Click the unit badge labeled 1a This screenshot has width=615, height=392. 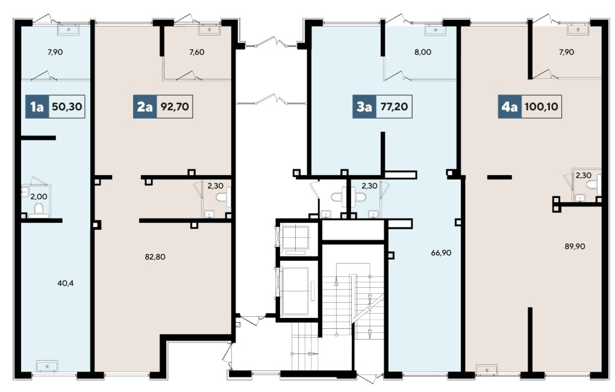pyautogui.click(x=37, y=106)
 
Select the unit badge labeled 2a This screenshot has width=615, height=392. pyautogui.click(x=145, y=106)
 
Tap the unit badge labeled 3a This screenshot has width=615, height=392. pyautogui.click(x=364, y=106)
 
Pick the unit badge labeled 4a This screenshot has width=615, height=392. pyautogui.click(x=510, y=106)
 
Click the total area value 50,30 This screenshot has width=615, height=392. pyautogui.click(x=67, y=106)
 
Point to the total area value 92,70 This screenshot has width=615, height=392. pyautogui.click(x=175, y=106)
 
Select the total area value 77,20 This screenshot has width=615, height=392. pyautogui.click(x=394, y=106)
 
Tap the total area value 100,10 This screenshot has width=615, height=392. pyautogui.click(x=542, y=106)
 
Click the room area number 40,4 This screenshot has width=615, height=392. pyautogui.click(x=66, y=283)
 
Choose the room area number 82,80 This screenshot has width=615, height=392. pyautogui.click(x=155, y=257)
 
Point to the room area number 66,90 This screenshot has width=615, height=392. pyautogui.click(x=442, y=253)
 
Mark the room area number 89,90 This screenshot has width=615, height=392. pyautogui.click(x=575, y=246)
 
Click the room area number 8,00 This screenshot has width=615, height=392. pyautogui.click(x=423, y=52)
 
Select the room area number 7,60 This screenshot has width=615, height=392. pyautogui.click(x=196, y=52)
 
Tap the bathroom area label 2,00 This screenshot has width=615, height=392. pyautogui.click(x=39, y=196)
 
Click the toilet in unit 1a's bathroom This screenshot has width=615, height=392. pyautogui.click(x=40, y=210)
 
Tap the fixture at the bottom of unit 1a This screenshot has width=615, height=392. pyautogui.click(x=47, y=366)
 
